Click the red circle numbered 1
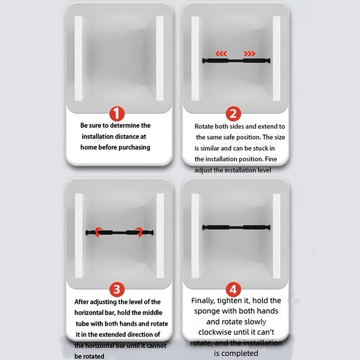117,113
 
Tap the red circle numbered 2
233,113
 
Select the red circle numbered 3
117,289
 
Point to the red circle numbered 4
233,289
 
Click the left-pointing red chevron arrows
221,54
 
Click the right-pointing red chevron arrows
249,54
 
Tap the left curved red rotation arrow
98,232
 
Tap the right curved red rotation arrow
139,232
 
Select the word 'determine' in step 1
125,126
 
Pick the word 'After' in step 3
81,302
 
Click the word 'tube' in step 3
82,324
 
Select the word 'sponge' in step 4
205,311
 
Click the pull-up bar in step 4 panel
236,227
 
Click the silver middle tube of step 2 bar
236,61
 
